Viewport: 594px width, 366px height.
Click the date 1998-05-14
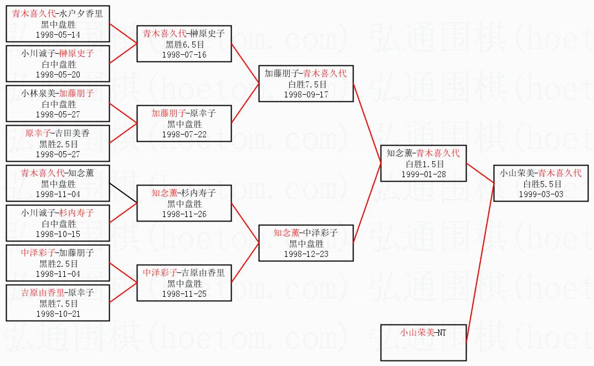click(58, 34)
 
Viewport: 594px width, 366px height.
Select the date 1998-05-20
click(58, 74)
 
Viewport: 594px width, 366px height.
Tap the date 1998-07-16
click(184, 54)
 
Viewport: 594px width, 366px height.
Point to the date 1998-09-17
click(306, 94)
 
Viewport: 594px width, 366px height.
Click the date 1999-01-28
click(423, 174)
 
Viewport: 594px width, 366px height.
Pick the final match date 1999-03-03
click(541, 194)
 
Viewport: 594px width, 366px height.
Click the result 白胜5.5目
click(541, 184)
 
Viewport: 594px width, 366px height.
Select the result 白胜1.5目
click(423, 164)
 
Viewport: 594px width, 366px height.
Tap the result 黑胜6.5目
click(184, 44)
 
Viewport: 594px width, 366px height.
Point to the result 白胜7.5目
click(306, 84)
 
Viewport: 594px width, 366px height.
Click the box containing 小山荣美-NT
click(423, 342)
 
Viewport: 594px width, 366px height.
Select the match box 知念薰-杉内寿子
click(184, 203)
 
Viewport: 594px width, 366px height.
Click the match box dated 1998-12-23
click(306, 243)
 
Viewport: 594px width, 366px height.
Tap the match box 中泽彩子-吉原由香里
click(184, 282)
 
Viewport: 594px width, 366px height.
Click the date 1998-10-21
click(58, 313)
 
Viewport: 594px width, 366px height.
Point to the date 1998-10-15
click(58, 234)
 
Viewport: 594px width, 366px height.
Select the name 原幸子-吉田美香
click(58, 133)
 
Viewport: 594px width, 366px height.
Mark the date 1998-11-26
click(184, 214)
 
